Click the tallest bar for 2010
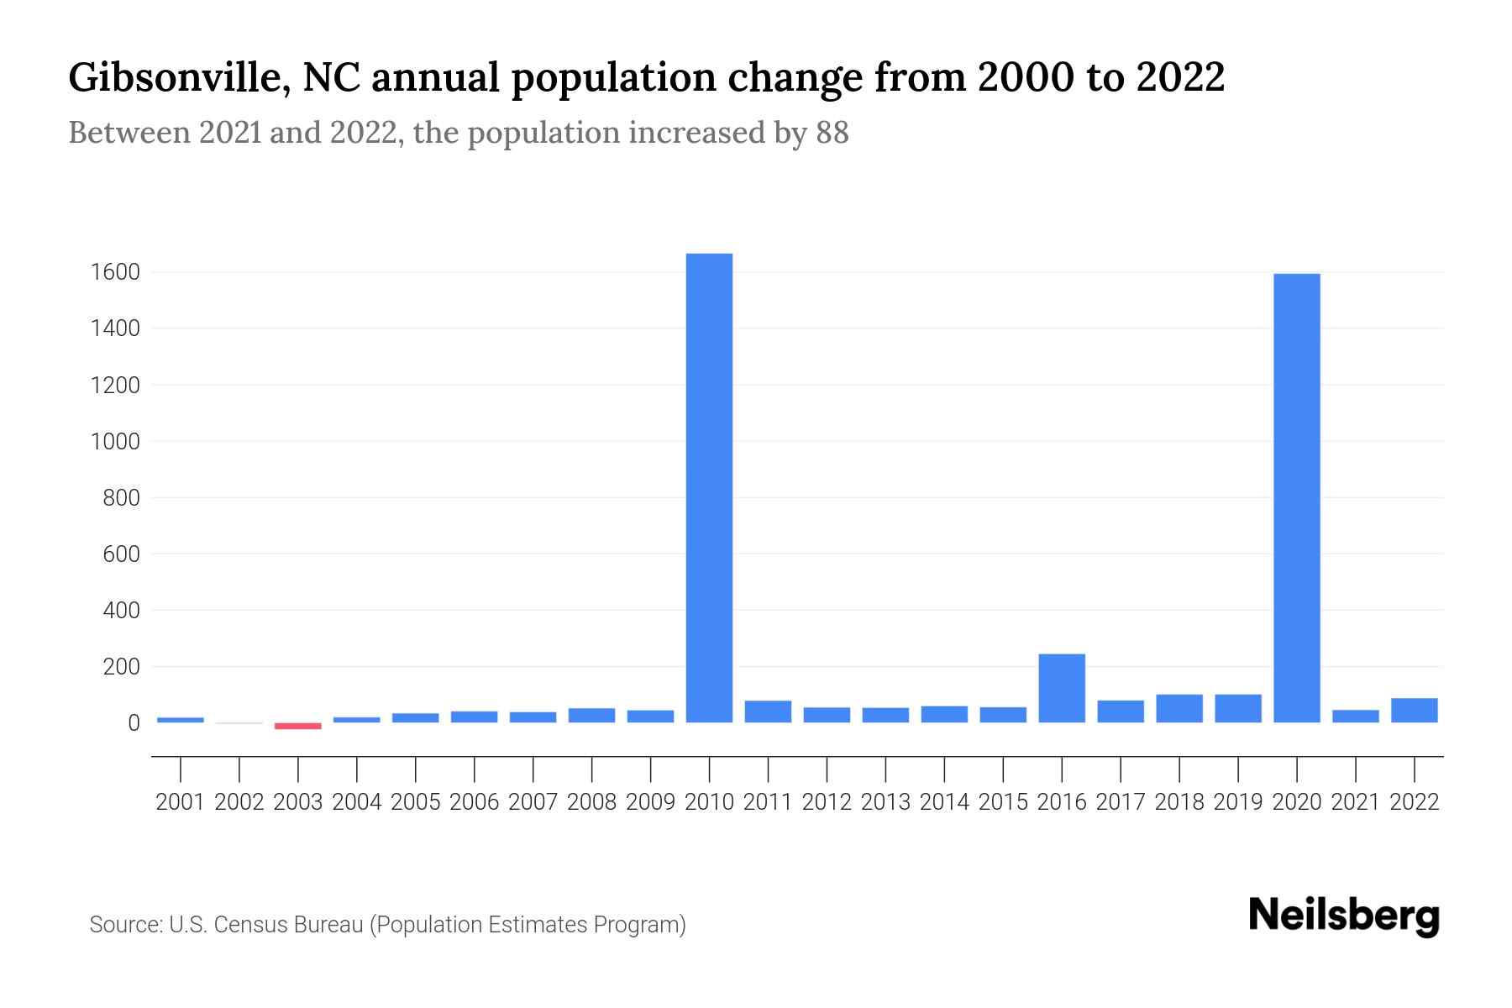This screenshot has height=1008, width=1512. point(709,487)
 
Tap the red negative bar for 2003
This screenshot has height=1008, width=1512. point(298,726)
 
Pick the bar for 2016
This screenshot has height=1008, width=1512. point(1062,688)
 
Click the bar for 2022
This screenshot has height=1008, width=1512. point(1414,711)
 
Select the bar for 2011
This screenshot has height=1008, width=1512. point(768,711)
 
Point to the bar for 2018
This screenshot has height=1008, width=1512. point(1179,708)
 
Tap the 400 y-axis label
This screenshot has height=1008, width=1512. point(121,611)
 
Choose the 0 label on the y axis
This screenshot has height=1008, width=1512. point(134,723)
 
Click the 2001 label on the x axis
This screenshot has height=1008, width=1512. point(181,802)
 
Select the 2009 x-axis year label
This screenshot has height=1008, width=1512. point(650,802)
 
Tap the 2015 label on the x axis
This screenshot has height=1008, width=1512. point(1003,802)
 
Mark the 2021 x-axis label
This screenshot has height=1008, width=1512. point(1355,802)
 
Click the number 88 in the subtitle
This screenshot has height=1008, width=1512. point(832,133)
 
